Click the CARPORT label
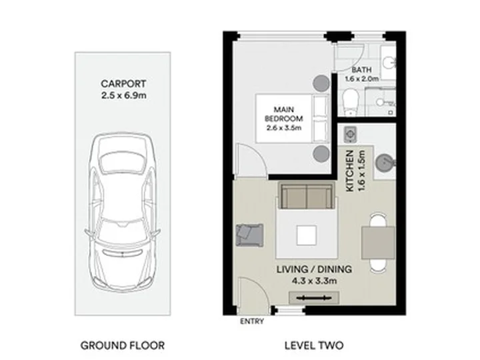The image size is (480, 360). [x=123, y=83]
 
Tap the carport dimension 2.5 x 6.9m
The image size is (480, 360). [x=124, y=95]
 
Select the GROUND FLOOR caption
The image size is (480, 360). [x=123, y=345]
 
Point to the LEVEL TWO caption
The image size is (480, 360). [x=314, y=345]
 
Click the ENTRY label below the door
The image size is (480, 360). [x=252, y=321]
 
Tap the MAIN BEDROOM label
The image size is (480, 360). [x=284, y=114]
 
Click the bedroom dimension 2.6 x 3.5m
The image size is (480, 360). [x=284, y=127]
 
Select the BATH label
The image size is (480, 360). [x=361, y=70]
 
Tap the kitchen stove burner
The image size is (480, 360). [x=349, y=134]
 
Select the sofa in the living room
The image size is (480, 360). [x=307, y=195]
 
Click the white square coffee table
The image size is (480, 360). [x=307, y=235]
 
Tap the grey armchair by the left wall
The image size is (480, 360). [x=250, y=235]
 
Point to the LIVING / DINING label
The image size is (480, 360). [x=315, y=269]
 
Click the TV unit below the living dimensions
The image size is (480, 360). [x=314, y=297]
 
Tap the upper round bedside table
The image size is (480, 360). [x=321, y=83]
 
